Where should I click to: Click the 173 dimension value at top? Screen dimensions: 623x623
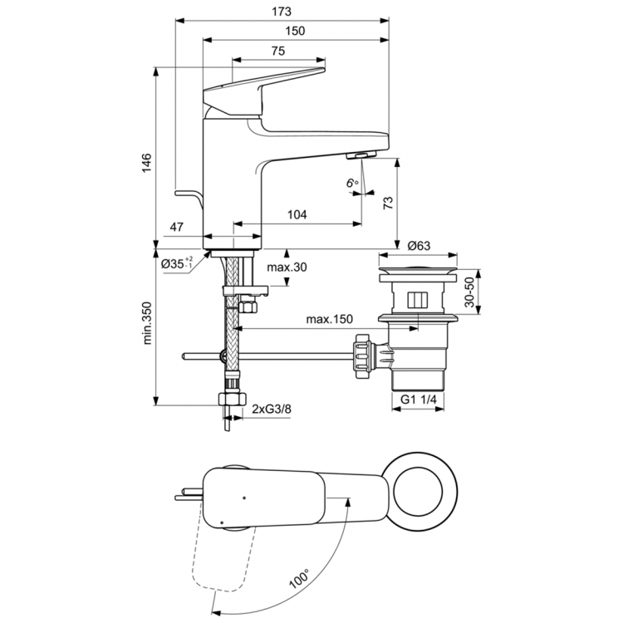click(282, 11)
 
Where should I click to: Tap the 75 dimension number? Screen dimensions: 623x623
click(277, 52)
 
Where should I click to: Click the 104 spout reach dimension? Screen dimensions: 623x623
click(297, 215)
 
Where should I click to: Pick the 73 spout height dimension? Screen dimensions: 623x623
click(388, 205)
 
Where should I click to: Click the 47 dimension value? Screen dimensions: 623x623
click(176, 227)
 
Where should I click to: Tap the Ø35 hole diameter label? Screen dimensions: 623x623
click(176, 263)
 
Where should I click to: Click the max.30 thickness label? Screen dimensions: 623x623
click(288, 267)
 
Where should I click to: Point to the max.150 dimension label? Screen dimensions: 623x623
click(328, 320)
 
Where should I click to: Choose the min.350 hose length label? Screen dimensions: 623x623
click(146, 321)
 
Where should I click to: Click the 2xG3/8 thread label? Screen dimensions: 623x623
click(272, 410)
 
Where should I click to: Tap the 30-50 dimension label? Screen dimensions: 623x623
click(469, 292)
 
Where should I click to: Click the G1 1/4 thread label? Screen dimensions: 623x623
click(419, 400)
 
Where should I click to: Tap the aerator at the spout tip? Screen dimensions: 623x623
click(361, 156)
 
